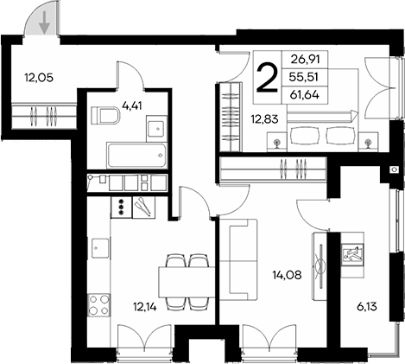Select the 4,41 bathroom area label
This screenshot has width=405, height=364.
(x=133, y=106)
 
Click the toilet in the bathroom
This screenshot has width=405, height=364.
(x=106, y=115)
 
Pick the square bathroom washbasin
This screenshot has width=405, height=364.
(x=156, y=128)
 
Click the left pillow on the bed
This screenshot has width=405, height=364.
(x=304, y=134)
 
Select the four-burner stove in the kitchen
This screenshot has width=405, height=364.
(x=98, y=305)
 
